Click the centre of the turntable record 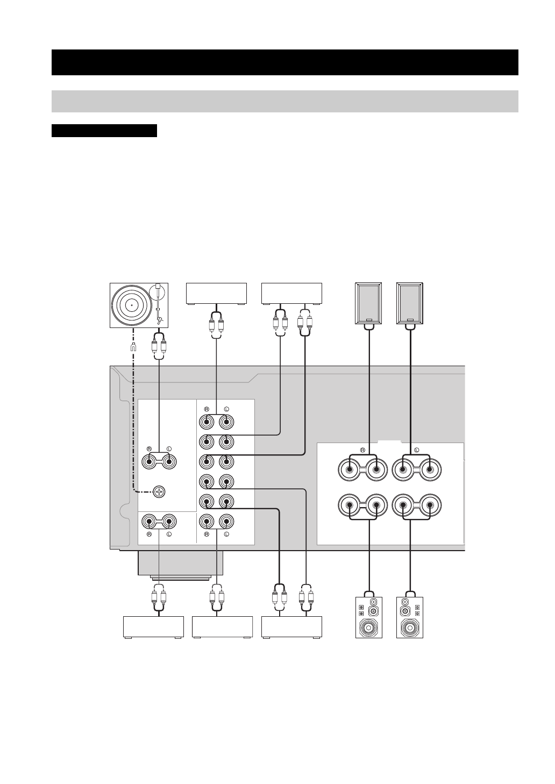(x=131, y=304)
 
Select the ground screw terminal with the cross (x=159, y=491)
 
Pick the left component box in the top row (x=216, y=294)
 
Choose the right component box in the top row (x=291, y=294)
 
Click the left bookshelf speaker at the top (x=369, y=303)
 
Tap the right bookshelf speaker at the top (x=410, y=303)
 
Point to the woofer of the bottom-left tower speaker (x=369, y=627)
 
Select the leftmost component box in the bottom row (x=154, y=627)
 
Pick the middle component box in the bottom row (x=222, y=627)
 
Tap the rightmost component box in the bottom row (x=291, y=627)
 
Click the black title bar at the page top (x=284, y=62)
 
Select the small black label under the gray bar (x=104, y=131)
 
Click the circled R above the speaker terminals (x=363, y=449)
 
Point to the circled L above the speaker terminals (x=417, y=449)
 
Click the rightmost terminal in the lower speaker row (x=429, y=505)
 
